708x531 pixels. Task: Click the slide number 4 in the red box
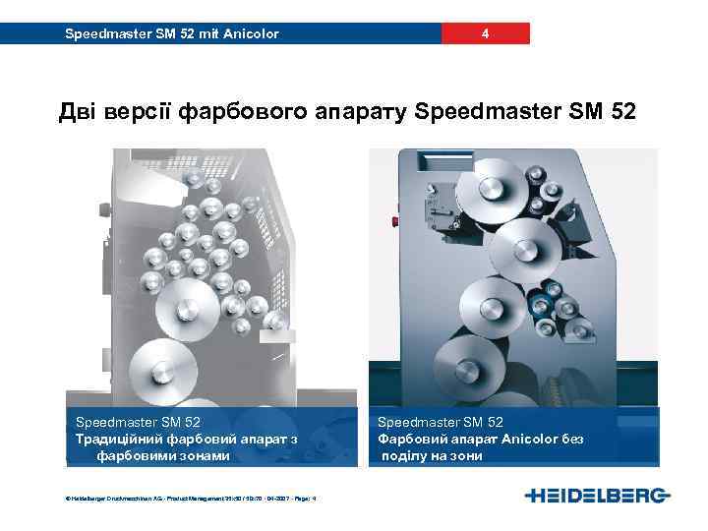pos(485,34)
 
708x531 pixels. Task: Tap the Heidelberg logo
pos(597,494)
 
